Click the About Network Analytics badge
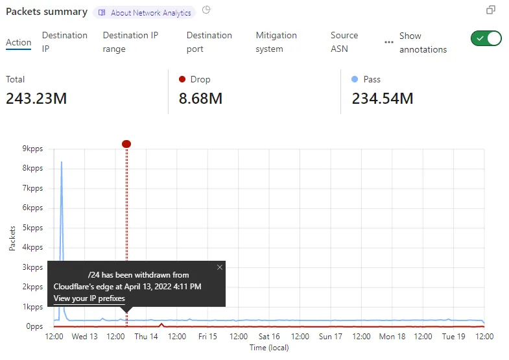pos(145,12)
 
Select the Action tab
pos(18,43)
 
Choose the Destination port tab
pos(209,42)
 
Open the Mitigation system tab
pos(276,42)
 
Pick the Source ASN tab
pos(344,42)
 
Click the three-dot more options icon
pos(389,42)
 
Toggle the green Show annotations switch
pos(486,38)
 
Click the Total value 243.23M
pos(36,99)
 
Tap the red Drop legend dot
pos(182,79)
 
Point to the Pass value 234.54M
pos(383,99)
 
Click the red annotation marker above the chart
pos(126,143)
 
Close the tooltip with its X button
pos(219,267)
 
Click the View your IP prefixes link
pos(89,298)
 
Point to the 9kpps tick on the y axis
pos(32,149)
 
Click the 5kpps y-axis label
pos(32,228)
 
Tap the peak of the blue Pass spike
pos(62,162)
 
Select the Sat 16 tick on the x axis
pos(269,337)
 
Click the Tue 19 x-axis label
pos(454,337)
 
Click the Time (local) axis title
pos(269,348)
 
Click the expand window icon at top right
pos(491,10)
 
